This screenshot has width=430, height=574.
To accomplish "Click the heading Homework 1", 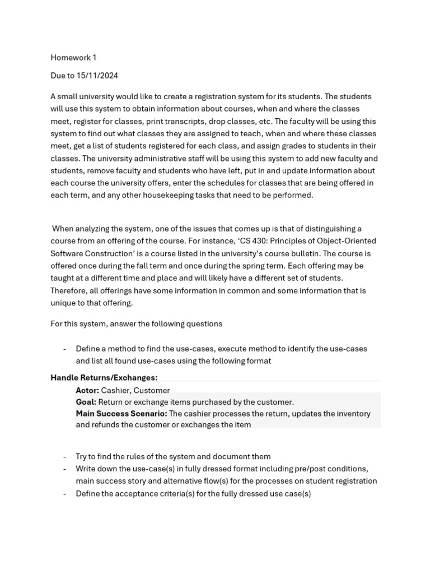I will pyautogui.click(x=73, y=57).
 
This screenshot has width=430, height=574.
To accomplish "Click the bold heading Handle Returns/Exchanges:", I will pyautogui.click(x=104, y=378).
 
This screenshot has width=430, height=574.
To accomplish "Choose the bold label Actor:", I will pyautogui.click(x=87, y=390).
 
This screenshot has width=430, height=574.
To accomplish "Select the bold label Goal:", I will pyautogui.click(x=86, y=402).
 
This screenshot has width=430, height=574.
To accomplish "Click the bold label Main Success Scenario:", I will pyautogui.click(x=121, y=414).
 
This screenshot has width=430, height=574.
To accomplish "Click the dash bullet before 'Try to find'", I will pyautogui.click(x=64, y=456).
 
